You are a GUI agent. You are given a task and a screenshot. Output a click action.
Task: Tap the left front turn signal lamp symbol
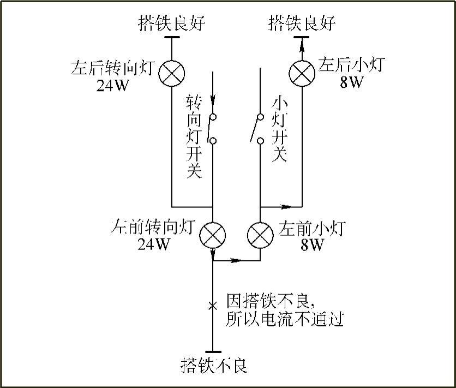(x=213, y=236)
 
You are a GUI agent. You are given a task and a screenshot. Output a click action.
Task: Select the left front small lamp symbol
(x=260, y=236)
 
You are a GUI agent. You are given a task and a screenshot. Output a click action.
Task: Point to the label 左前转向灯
(x=153, y=227)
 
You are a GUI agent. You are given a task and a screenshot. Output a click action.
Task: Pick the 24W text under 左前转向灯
(x=153, y=244)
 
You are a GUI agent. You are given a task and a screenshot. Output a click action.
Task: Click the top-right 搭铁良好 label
(x=302, y=23)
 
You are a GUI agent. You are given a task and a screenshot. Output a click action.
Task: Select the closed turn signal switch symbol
(x=213, y=129)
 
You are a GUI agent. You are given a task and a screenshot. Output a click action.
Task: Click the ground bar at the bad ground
(x=213, y=352)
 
